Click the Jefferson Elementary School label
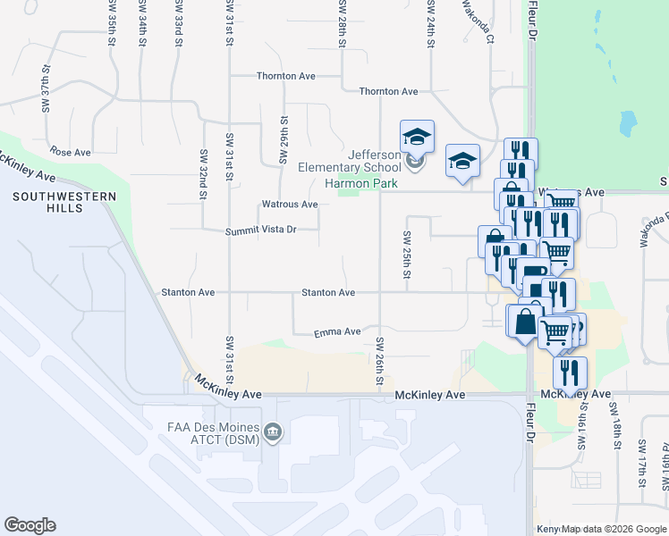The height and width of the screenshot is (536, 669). (362, 161)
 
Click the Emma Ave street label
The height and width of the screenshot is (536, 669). (337, 332)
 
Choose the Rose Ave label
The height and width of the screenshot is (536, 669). (72, 152)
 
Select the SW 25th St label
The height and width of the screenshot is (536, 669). (406, 254)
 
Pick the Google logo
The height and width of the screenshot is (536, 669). (30, 525)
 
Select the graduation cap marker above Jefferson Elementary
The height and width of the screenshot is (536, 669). (417, 137)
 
